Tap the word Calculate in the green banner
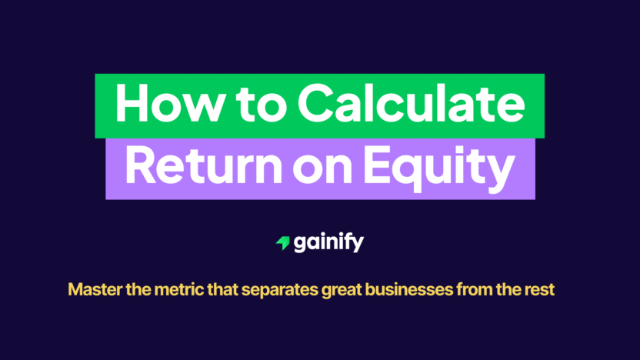(410, 105)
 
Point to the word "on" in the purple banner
(317, 168)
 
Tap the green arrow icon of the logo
(282, 243)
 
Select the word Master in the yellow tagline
(92, 291)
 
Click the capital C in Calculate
(318, 105)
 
